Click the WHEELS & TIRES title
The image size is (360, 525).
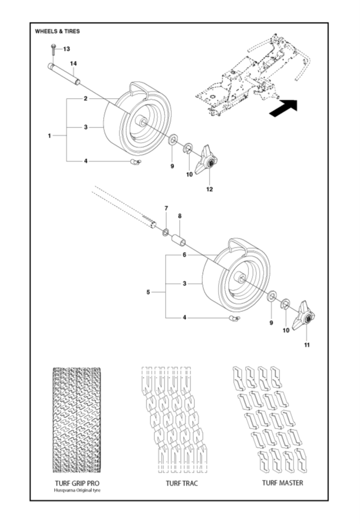[57, 32]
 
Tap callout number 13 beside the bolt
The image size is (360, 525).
[66, 49]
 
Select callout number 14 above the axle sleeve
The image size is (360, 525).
[73, 64]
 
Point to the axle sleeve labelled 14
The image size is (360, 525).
[64, 74]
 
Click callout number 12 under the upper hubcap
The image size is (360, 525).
[210, 189]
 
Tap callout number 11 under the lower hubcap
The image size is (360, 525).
[307, 345]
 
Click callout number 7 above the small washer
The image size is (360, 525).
[166, 209]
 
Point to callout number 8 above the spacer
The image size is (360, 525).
[180, 217]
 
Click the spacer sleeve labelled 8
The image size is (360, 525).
[179, 240]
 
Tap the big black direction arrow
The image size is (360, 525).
[284, 108]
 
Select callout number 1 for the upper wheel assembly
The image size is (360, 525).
[50, 136]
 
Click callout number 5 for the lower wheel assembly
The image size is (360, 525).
[148, 292]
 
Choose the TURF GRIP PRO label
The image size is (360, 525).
[77, 483]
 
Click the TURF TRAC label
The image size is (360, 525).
[181, 483]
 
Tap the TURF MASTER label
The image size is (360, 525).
[283, 483]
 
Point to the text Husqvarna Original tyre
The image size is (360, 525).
[77, 491]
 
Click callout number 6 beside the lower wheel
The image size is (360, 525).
[184, 255]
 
